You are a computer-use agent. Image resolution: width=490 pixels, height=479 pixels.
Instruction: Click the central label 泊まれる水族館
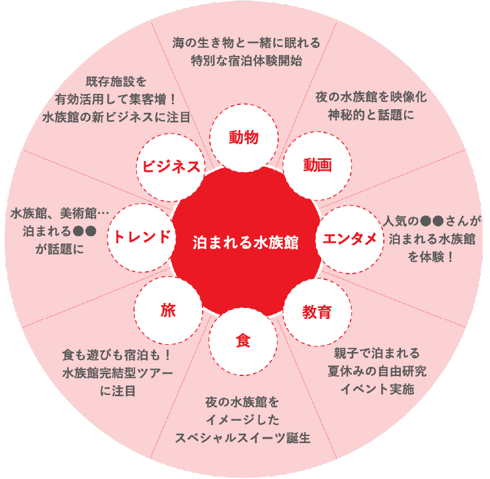[246, 242]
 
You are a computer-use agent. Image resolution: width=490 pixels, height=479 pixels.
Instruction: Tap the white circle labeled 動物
[244, 138]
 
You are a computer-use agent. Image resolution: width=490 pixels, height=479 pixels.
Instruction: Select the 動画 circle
[317, 166]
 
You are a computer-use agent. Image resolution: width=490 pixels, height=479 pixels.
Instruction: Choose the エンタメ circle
[349, 239]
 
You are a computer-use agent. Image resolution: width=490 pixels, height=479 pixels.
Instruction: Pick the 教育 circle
[317, 312]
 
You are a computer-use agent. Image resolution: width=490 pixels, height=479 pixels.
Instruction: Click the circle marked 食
[243, 341]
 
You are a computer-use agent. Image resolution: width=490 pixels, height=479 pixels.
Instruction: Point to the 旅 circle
[168, 310]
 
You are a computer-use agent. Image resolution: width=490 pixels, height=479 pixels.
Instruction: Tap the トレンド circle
[142, 238]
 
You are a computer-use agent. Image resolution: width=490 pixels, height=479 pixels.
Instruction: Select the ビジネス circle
[171, 167]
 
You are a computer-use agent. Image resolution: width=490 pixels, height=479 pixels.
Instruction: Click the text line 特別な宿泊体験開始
[247, 61]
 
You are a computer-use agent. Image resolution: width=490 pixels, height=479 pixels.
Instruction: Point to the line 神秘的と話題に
[371, 115]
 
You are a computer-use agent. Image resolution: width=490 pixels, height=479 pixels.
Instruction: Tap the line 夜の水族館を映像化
[371, 97]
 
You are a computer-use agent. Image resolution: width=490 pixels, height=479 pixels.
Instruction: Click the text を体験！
[431, 257]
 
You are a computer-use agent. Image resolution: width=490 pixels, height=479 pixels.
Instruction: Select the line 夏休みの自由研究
[377, 371]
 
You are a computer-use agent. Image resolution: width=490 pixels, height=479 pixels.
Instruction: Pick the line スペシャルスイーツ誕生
[243, 438]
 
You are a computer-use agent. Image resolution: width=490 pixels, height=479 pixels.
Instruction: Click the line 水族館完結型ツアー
[117, 373]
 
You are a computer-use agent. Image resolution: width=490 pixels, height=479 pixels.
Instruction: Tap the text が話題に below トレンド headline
[60, 249]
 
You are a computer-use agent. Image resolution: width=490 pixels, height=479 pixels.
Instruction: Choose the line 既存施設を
[116, 82]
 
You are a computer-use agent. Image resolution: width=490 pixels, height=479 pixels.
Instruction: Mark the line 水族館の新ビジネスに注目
[116, 117]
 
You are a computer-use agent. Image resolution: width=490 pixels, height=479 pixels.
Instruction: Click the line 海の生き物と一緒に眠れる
[247, 43]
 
